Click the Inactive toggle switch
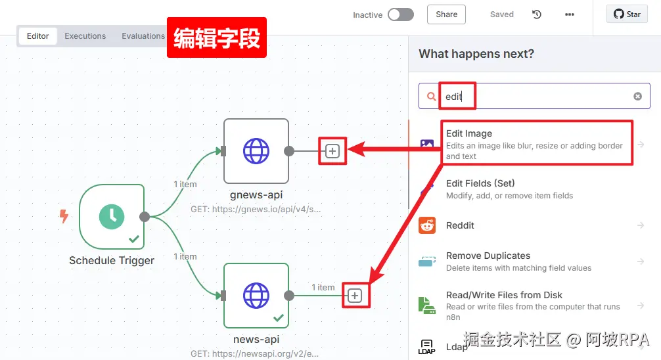point(400,14)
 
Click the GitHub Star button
point(627,14)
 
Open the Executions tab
point(85,36)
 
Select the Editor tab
point(37,36)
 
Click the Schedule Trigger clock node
point(112,217)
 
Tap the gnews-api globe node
point(256,151)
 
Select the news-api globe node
point(256,295)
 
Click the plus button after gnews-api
point(332,151)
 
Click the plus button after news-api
point(355,296)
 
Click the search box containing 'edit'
point(532,97)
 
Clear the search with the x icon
point(637,97)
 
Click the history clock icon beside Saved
point(537,14)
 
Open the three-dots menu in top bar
point(569,14)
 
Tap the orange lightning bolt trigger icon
point(64,216)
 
